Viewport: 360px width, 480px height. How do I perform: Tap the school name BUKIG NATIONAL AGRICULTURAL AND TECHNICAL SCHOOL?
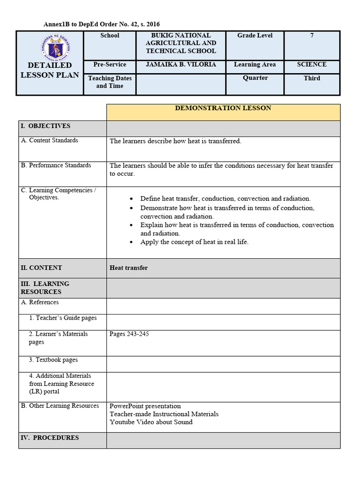click(x=181, y=43)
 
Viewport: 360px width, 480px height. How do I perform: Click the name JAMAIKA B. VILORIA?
click(x=181, y=65)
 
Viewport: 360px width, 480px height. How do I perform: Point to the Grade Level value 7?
click(x=312, y=36)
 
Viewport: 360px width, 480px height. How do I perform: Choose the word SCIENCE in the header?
click(x=312, y=65)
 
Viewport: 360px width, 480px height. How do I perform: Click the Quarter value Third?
click(x=312, y=78)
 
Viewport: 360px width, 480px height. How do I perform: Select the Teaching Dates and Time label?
click(x=110, y=82)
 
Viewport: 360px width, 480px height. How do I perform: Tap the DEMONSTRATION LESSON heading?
click(x=223, y=108)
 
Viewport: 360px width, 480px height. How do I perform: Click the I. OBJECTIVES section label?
click(x=45, y=126)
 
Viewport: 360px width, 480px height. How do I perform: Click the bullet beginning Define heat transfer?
click(x=225, y=199)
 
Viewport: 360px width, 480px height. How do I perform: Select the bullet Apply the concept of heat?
click(x=194, y=242)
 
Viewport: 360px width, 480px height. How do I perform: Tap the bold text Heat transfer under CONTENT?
click(x=128, y=268)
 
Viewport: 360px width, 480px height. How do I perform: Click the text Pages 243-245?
click(x=129, y=334)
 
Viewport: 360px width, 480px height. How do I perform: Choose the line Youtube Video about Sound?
click(x=151, y=422)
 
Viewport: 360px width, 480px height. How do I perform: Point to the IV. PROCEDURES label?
click(x=50, y=438)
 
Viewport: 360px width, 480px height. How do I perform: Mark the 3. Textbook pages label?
click(x=53, y=360)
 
